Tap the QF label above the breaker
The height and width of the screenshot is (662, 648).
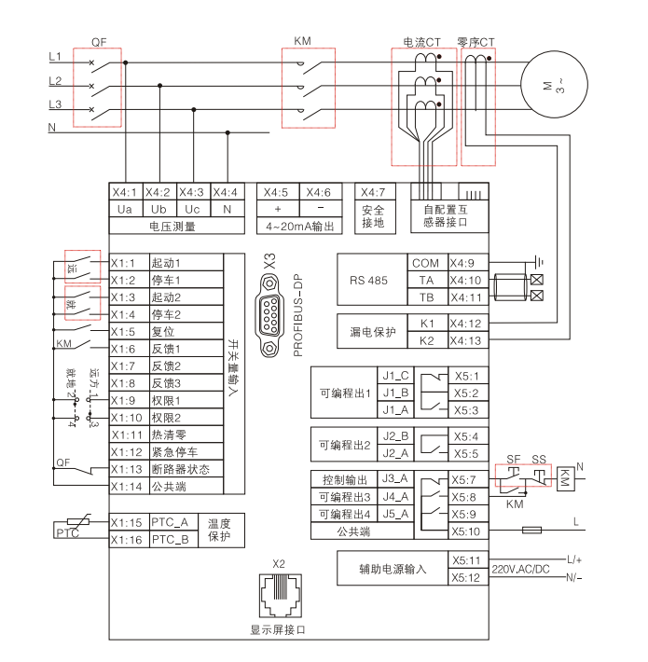(100, 41)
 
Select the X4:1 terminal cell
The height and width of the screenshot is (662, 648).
(125, 192)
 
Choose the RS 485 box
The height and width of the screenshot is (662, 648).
(369, 280)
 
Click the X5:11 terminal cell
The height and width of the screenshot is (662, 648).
(465, 560)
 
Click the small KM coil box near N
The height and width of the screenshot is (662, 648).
(565, 477)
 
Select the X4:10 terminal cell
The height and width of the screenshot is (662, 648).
(465, 280)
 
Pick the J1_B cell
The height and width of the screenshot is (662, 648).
(396, 393)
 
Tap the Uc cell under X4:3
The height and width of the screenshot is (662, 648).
(192, 209)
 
